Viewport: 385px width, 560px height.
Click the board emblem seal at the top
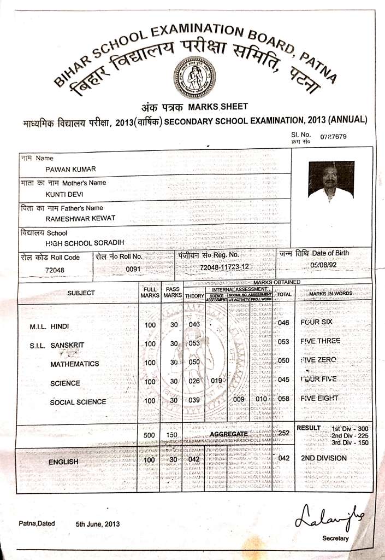click(194, 77)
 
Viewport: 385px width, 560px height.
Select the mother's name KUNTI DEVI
click(64, 194)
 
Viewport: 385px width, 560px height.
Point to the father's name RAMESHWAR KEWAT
click(80, 219)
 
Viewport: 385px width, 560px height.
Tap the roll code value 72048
click(55, 270)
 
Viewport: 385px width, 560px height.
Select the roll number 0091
click(133, 269)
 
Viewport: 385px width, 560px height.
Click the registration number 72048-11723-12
click(224, 267)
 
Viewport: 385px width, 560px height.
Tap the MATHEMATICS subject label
click(75, 364)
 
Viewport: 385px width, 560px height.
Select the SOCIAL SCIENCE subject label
click(78, 402)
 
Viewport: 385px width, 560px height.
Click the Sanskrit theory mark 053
click(194, 343)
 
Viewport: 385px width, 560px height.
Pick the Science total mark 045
click(283, 380)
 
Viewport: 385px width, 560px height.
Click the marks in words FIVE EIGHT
click(319, 398)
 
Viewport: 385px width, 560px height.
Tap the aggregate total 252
click(283, 433)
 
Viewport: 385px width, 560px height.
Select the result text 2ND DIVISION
click(324, 458)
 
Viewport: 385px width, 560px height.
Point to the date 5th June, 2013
click(98, 523)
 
